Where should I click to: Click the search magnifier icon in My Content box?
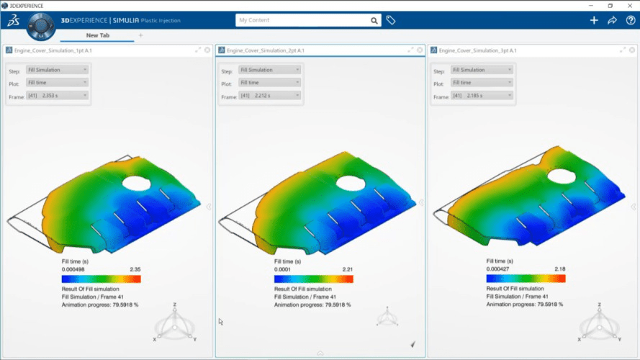click(374, 21)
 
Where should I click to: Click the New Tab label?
click(97, 35)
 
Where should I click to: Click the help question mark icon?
click(631, 20)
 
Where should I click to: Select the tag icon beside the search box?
click(391, 21)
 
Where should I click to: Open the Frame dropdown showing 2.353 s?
click(57, 95)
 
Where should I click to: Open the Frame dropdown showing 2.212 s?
click(269, 94)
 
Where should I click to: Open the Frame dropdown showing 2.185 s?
click(482, 94)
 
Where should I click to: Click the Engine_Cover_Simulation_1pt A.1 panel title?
click(53, 50)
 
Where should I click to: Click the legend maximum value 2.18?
click(559, 269)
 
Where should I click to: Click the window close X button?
click(629, 5)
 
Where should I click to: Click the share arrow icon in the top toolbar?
click(613, 20)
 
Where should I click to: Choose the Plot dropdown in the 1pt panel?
click(57, 82)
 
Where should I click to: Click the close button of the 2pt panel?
click(420, 50)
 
